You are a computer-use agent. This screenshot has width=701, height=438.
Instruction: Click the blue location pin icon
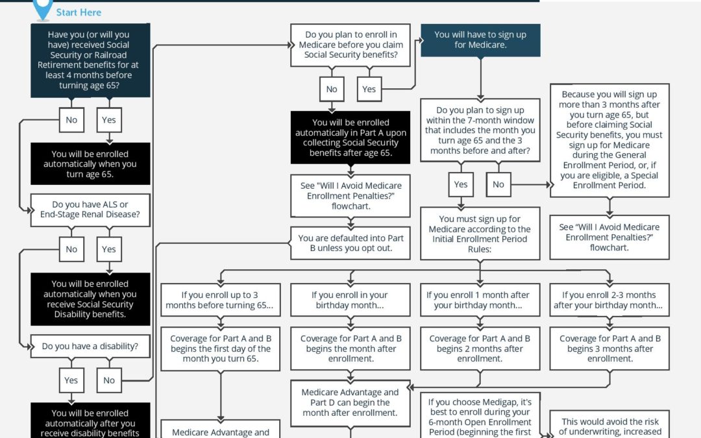click(x=43, y=8)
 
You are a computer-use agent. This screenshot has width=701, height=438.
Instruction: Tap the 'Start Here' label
click(x=79, y=12)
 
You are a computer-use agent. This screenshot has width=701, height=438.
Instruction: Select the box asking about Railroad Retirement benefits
click(x=90, y=60)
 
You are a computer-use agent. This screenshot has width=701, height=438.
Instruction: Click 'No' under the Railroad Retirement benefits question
click(x=71, y=120)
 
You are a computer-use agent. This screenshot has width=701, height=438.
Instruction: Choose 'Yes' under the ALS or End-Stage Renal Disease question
click(x=109, y=249)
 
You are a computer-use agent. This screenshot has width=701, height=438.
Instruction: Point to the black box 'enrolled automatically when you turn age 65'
click(x=90, y=164)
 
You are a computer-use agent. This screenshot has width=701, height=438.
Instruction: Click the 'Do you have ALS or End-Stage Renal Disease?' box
click(x=90, y=210)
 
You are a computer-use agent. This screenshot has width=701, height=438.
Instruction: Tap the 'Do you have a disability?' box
click(x=90, y=347)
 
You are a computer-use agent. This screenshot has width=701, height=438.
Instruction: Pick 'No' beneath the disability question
click(x=109, y=380)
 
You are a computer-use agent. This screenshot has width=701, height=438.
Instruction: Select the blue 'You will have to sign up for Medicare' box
click(x=480, y=40)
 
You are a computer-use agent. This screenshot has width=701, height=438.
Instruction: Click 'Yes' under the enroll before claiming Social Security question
click(x=369, y=90)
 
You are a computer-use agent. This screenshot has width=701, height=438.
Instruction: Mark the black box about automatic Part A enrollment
click(x=350, y=138)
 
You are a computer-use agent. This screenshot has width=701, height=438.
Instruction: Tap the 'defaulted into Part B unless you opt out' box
click(x=350, y=243)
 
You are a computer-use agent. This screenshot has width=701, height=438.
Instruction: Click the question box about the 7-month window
click(x=480, y=131)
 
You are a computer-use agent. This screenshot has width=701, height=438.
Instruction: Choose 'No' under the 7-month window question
click(x=498, y=184)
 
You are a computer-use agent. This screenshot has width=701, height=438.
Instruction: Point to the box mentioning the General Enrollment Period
click(x=609, y=140)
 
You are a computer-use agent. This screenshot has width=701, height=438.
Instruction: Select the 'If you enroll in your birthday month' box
click(x=350, y=300)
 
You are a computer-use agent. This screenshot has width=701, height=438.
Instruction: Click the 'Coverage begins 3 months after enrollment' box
click(x=609, y=348)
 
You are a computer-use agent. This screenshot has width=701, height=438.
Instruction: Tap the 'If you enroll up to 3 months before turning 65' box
click(x=220, y=300)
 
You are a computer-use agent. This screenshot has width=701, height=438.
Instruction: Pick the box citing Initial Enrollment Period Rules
click(x=480, y=234)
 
